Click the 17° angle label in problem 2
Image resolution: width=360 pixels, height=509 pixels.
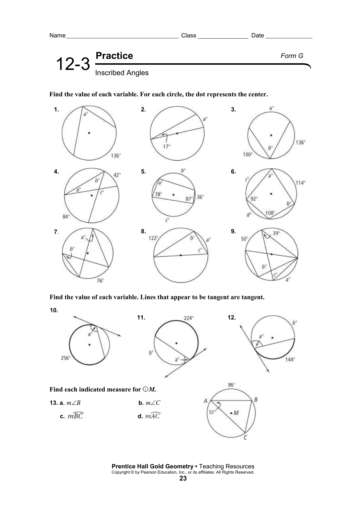166,147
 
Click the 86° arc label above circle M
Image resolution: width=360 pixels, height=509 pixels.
232,385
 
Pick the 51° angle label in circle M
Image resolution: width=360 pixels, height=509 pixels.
213,412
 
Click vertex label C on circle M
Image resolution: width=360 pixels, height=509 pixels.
245,437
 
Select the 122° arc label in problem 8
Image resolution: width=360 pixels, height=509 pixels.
153,238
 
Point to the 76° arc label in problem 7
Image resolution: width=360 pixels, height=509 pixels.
100,281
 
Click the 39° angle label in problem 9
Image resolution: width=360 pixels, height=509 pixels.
276,233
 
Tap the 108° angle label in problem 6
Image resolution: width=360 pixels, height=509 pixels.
270,213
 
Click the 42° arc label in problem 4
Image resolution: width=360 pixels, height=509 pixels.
117,175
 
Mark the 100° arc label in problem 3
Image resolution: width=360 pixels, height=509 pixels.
248,155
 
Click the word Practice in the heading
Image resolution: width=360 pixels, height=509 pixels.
114,56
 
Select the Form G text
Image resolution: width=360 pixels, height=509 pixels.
292,56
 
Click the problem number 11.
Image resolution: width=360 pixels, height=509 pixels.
141,318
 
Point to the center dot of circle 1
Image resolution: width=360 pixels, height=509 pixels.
89,133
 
